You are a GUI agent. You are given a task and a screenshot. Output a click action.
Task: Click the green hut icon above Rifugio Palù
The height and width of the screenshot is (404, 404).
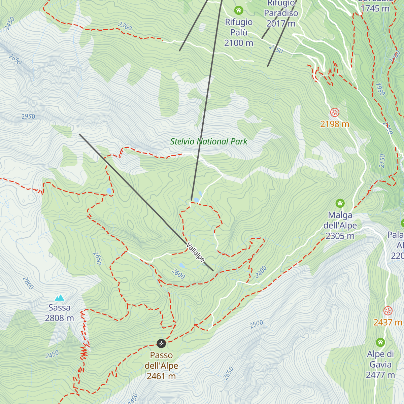[239, 10]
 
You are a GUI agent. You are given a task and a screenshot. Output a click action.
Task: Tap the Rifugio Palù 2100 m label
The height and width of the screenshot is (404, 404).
[239, 32]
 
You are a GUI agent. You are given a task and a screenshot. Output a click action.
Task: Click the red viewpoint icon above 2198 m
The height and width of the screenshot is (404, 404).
[334, 112]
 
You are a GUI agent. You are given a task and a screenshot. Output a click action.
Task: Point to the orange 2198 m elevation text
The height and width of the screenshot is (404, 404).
[334, 124]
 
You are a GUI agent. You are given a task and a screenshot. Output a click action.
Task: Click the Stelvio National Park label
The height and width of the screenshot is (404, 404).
[209, 142]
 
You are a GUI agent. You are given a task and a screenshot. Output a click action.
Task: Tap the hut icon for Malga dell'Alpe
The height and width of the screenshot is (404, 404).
[340, 203]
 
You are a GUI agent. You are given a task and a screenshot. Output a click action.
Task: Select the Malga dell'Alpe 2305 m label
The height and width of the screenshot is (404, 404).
[340, 226]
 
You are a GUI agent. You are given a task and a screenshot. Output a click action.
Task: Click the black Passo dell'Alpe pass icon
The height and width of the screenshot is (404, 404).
[161, 343]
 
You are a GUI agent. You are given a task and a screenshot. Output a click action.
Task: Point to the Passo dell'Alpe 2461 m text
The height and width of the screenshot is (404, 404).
[161, 366]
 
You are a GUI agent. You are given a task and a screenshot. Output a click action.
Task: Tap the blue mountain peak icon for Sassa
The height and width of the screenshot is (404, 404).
[60, 298]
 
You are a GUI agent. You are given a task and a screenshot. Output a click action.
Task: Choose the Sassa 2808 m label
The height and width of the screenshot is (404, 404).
[60, 313]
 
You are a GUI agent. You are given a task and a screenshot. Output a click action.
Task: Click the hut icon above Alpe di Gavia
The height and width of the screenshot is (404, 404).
[380, 342]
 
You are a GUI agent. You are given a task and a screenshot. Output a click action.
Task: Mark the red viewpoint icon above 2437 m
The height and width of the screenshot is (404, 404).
[388, 310]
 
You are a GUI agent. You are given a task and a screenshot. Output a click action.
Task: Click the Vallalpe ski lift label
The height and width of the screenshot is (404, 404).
[195, 252]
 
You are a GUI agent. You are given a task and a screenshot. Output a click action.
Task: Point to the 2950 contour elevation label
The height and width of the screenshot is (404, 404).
[28, 117]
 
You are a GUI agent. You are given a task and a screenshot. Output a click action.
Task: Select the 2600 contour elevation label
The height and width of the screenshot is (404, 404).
[178, 274]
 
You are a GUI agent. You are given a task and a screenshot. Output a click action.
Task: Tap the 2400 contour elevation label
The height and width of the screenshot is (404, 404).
[261, 272]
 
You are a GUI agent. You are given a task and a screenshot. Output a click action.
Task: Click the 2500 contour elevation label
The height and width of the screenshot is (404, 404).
[257, 324]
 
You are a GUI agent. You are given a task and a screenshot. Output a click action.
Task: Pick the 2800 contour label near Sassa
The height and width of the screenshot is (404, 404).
[28, 283]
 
